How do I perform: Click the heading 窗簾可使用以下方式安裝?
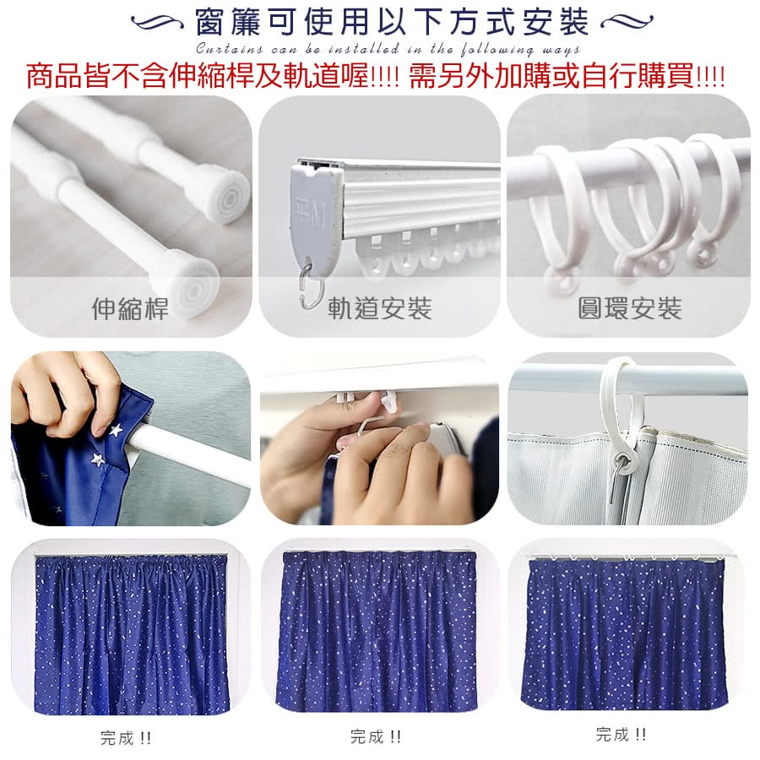392,22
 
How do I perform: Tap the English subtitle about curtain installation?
388,49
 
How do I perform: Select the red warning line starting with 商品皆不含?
376,76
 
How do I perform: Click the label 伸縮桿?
130,308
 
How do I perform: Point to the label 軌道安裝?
379,308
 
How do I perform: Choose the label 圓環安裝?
630,308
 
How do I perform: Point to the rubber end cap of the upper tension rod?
225,195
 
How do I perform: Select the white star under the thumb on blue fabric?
116,430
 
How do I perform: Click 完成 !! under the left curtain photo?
126,738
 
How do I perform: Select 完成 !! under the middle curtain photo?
376,736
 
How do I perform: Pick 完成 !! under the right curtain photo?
621,735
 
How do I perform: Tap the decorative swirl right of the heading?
627,22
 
